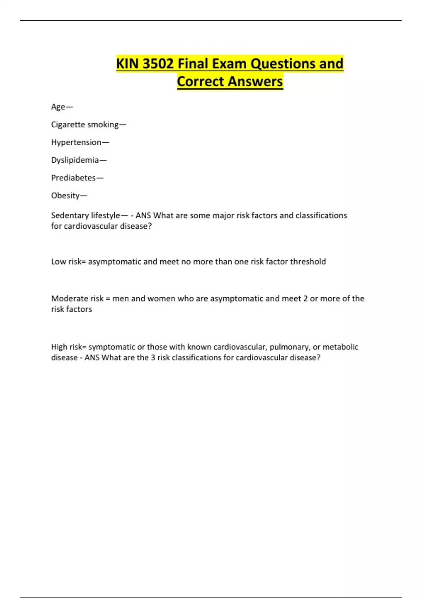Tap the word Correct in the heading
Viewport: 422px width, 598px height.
tap(200, 81)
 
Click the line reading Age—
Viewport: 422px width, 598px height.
tap(62, 107)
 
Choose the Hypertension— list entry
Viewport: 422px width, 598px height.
tap(80, 142)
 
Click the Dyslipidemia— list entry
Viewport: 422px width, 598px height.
tap(79, 160)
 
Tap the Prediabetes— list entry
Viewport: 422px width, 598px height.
tap(77, 178)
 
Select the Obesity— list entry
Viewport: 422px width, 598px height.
tap(69, 196)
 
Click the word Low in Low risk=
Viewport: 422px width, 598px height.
tap(58, 261)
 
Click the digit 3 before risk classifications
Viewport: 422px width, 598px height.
tap(153, 357)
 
